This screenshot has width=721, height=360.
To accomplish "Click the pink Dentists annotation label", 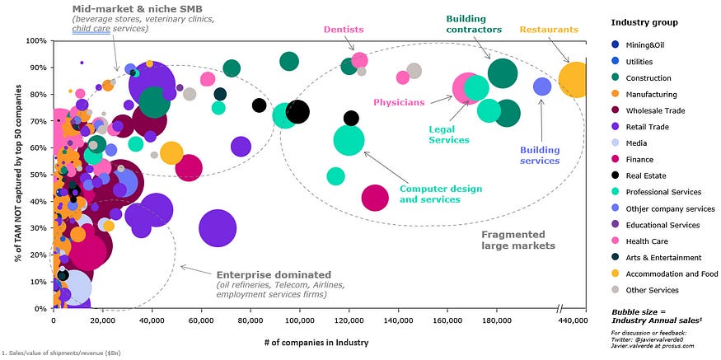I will coord(344,30).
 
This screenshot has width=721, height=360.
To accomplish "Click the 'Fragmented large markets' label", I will coord(517,240).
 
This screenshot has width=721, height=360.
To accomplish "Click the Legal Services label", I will coord(448,134).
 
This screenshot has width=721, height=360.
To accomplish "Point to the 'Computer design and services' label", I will coord(441,194).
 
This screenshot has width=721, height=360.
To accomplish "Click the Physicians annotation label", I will coord(398,102).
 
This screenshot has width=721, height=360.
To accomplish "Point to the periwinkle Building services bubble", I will coord(542,86).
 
